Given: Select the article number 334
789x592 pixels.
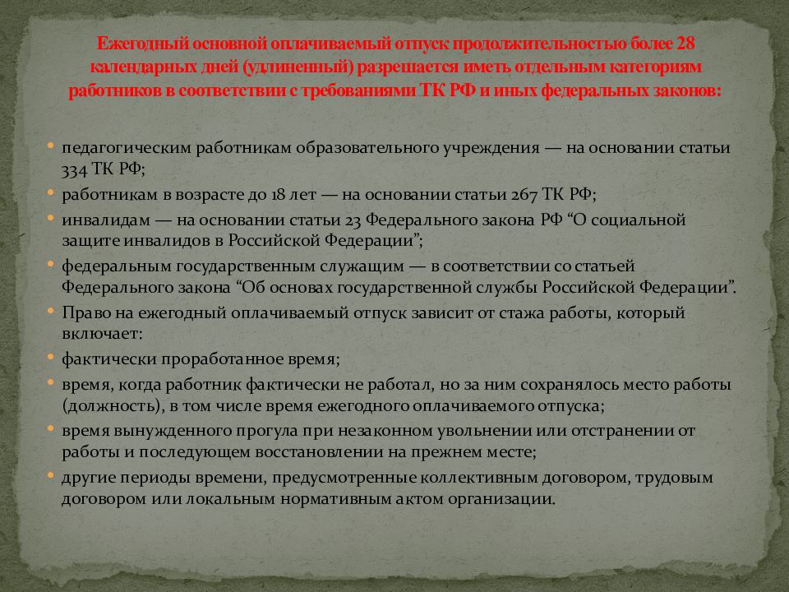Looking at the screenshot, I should [74, 169].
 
